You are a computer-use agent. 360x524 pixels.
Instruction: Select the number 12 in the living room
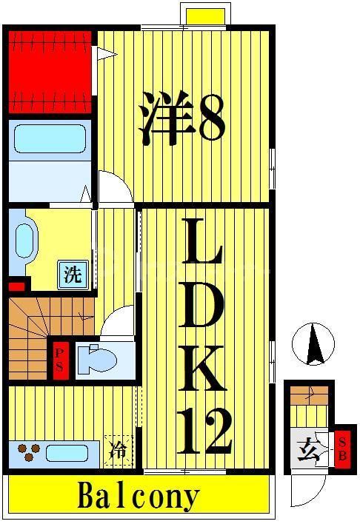(x=204, y=431)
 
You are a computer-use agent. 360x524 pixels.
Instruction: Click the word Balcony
(x=139, y=495)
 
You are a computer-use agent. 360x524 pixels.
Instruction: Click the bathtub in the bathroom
(x=48, y=138)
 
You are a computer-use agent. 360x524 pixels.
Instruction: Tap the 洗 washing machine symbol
(x=72, y=275)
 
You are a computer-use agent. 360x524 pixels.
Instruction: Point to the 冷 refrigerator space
(x=119, y=449)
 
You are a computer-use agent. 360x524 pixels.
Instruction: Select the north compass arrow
(x=316, y=346)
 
